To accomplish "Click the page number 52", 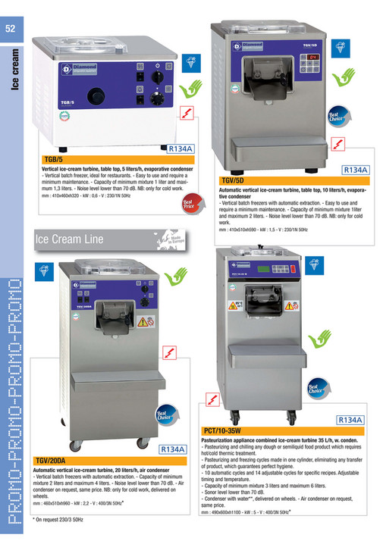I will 11,29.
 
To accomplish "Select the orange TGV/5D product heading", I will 233,180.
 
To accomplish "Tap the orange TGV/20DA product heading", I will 51,460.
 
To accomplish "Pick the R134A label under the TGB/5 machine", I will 182,149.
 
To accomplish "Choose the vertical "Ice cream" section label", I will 12,71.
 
